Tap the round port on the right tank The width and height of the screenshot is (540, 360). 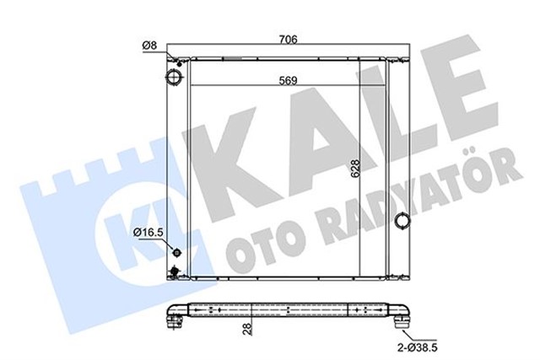404,222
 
